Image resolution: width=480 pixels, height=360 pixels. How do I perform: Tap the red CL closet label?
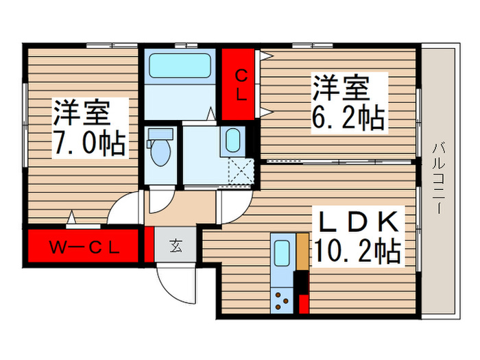[x=240, y=84]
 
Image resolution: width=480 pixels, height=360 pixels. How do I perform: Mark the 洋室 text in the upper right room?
[x=341, y=88]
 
